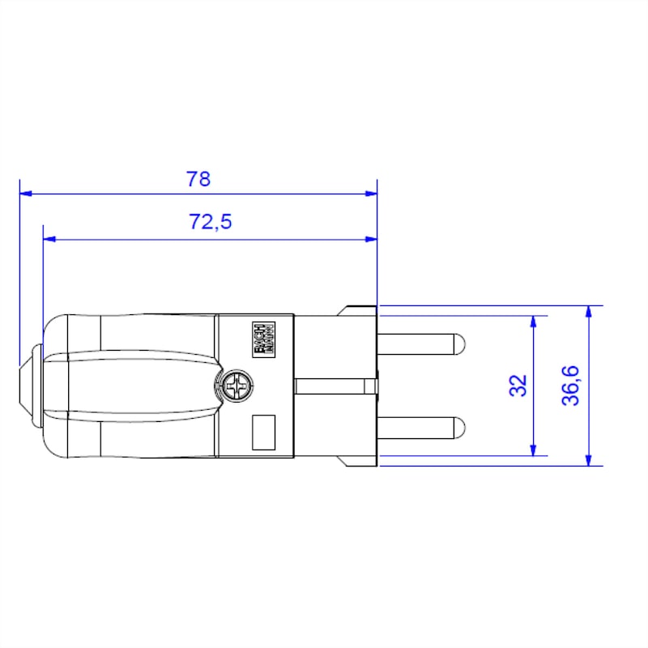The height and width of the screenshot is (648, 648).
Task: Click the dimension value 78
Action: click(198, 179)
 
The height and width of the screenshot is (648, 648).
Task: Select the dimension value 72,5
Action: click(211, 222)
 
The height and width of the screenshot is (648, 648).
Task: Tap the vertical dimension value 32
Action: click(519, 385)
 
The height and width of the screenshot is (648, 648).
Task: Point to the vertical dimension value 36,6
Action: click(571, 385)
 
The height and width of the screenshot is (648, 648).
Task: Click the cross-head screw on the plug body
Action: click(237, 386)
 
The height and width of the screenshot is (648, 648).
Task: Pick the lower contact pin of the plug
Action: click(421, 426)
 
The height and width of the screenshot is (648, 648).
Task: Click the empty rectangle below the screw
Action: click(264, 433)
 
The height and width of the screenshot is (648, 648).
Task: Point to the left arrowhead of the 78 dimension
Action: click(25, 194)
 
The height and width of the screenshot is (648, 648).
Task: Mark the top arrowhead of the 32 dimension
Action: click(533, 322)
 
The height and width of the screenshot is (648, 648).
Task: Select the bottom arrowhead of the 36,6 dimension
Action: click(589, 459)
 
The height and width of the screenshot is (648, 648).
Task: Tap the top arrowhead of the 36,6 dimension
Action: click(589, 312)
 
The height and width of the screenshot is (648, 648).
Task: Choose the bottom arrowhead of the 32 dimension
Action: click(533, 450)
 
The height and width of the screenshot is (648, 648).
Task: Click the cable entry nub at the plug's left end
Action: click(30, 386)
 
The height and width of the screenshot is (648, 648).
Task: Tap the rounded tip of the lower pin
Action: click(459, 426)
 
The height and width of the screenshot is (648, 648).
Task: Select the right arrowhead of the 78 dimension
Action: click(372, 194)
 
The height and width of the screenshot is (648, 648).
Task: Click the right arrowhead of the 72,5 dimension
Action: click(372, 239)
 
